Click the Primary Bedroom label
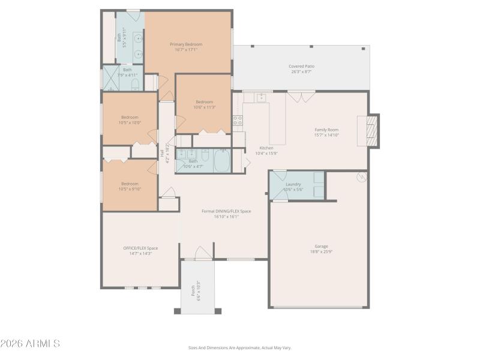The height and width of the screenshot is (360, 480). coord(185,44)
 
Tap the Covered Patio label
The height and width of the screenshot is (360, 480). coord(301,66)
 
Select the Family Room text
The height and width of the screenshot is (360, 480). coord(326,130)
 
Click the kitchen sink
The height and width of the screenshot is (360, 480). coord(262,97)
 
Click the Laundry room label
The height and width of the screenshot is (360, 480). coord(293,184)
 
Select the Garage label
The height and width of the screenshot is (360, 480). coord(322,246)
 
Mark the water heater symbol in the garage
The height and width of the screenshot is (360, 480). coord(362,177)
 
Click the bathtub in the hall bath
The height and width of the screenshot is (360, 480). coord(221,161)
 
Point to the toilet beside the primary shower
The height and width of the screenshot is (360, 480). coord(135,84)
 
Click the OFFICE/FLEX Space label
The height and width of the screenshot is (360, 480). coord(140,248)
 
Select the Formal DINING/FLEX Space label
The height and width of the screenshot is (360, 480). coord(226,211)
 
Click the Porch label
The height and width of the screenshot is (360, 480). coord(193,290)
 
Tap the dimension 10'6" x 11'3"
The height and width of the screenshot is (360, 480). coord(204,107)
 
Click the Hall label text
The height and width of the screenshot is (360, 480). coord(162,153)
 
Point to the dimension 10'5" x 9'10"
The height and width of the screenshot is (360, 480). coord(130,189)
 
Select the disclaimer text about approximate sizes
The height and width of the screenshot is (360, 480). coord(240,347)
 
